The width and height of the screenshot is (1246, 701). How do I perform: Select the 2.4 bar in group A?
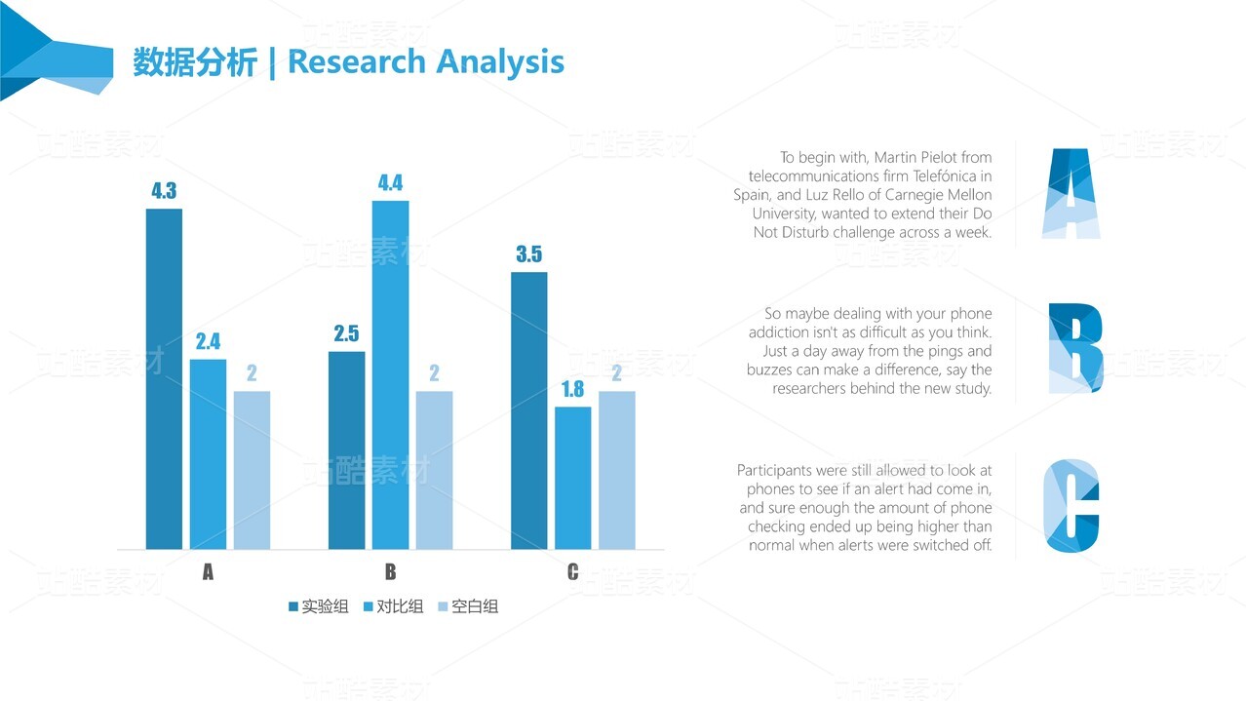click(208, 453)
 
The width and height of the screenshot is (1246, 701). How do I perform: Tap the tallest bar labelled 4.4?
click(390, 374)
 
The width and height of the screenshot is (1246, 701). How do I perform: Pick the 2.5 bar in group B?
click(346, 449)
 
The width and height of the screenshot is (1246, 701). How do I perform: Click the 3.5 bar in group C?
click(528, 409)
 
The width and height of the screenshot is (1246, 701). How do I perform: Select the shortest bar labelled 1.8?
click(572, 477)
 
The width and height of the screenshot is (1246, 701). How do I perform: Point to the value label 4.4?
click(390, 182)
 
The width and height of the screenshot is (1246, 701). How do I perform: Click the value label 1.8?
click(572, 389)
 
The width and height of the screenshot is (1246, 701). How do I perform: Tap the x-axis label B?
click(390, 572)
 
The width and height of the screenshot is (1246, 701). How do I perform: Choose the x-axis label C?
click(572, 572)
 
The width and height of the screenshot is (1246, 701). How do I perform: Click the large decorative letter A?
click(1071, 193)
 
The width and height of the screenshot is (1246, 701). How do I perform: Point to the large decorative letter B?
click(1074, 348)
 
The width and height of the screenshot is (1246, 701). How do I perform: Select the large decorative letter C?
click(1071, 505)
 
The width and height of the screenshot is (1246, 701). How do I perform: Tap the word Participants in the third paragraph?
click(777, 471)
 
